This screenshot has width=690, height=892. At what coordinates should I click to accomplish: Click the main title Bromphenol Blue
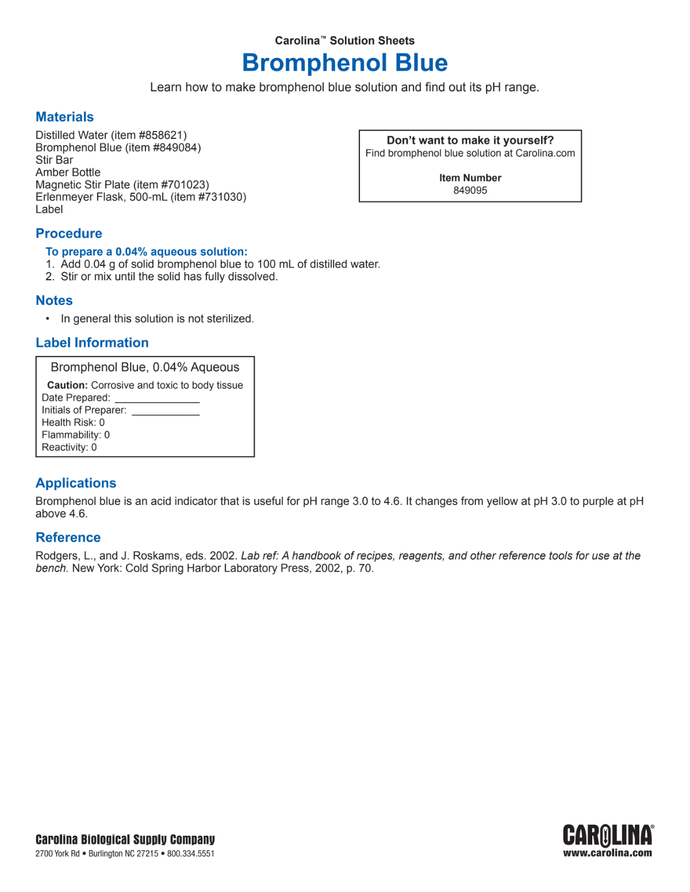pos(344,63)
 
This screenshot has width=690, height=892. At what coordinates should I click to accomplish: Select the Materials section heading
pos(64,117)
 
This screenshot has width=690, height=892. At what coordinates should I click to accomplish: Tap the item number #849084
pos(177,148)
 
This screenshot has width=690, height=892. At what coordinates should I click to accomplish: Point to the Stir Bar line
pos(54,160)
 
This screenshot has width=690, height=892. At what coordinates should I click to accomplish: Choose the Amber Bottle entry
pos(68,172)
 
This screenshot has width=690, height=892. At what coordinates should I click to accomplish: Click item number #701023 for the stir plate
pos(185,185)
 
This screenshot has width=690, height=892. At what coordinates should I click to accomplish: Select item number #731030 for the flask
pos(221,197)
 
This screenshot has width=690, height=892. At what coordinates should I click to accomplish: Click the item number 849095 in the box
pos(470,191)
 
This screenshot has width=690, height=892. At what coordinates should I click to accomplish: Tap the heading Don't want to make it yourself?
pos(470,141)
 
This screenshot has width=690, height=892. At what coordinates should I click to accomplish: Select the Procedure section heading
pos(69,234)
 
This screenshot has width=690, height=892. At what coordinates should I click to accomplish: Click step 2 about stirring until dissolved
pos(169,277)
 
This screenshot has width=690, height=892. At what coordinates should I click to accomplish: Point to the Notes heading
pos(54,301)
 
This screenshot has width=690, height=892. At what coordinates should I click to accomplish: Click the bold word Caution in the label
pos(67,385)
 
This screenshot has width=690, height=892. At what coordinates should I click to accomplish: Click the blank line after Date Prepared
pos(157,400)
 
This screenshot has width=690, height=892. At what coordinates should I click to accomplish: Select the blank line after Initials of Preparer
pos(166,412)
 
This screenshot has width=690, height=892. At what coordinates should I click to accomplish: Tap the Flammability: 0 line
pos(75,435)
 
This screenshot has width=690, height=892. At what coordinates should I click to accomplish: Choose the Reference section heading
pos(68,538)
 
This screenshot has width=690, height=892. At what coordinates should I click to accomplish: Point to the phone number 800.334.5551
pos(191,854)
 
